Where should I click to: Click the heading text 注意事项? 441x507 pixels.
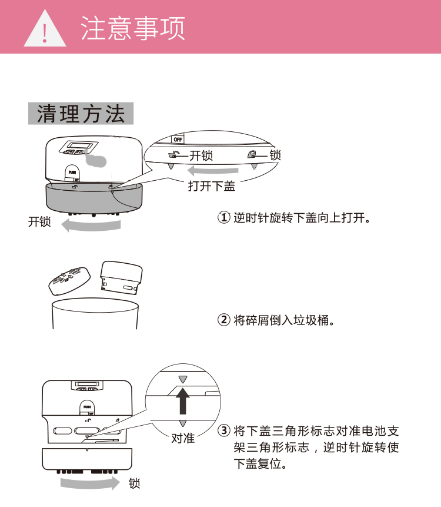pos(132,28)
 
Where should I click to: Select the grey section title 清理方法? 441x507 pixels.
pos(81,114)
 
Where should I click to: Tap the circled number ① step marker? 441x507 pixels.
pos(224,218)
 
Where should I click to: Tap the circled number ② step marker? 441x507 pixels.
pos(224,320)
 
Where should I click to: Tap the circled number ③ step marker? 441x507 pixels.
pos(224,430)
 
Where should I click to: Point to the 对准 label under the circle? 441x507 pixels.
pos(183,439)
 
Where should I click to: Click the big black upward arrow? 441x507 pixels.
pos(183,401)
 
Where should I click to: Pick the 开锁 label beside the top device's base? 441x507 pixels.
pos(39,222)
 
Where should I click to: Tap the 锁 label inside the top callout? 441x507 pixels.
pos(275,155)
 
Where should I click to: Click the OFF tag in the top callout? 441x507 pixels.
pos(177,139)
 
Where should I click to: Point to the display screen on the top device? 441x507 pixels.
pos(77,145)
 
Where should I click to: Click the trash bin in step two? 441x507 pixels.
pos(95,314)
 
